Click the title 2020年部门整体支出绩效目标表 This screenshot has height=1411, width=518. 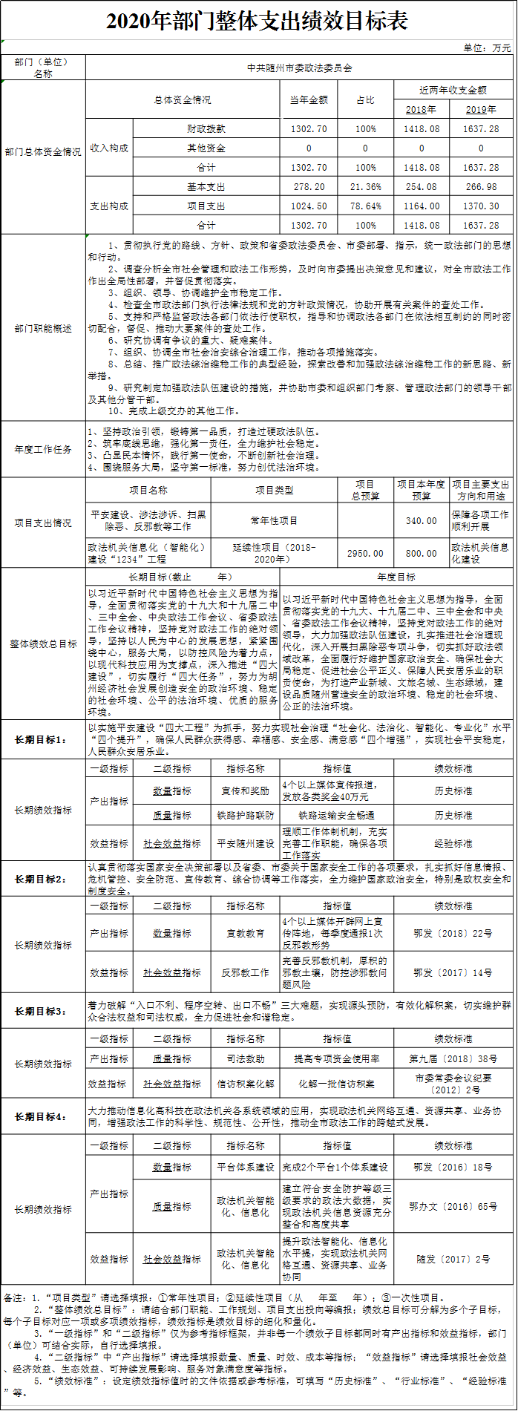pyautogui.click(x=258, y=20)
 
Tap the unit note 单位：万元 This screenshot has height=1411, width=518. pyautogui.click(x=487, y=48)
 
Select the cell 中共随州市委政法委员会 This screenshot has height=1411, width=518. pyautogui.click(x=299, y=68)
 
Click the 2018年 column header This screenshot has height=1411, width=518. pyautogui.click(x=422, y=109)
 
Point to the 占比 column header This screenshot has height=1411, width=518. pyautogui.click(x=365, y=99)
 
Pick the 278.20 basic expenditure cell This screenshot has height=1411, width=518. pyautogui.click(x=309, y=187)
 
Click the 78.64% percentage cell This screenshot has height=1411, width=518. pyautogui.click(x=365, y=206)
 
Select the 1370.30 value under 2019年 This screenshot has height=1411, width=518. pyautogui.click(x=481, y=206)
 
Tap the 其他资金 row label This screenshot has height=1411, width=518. pyautogui.click(x=206, y=148)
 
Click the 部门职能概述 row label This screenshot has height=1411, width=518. pyautogui.click(x=43, y=328)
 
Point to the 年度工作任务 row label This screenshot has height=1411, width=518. pyautogui.click(x=43, y=449)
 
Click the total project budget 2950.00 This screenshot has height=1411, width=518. pyautogui.click(x=365, y=553)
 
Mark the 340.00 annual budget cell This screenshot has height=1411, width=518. pyautogui.click(x=422, y=521)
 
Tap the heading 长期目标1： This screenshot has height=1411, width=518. pyautogui.click(x=43, y=739)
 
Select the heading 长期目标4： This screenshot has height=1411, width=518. pyautogui.click(x=43, y=1116)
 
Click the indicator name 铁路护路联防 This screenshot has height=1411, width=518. pyautogui.click(x=245, y=815)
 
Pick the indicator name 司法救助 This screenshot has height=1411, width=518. pyautogui.click(x=245, y=1058)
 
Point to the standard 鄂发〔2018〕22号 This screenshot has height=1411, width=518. pyautogui.click(x=453, y=933)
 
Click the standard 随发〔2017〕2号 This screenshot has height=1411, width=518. pyautogui.click(x=453, y=1259)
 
